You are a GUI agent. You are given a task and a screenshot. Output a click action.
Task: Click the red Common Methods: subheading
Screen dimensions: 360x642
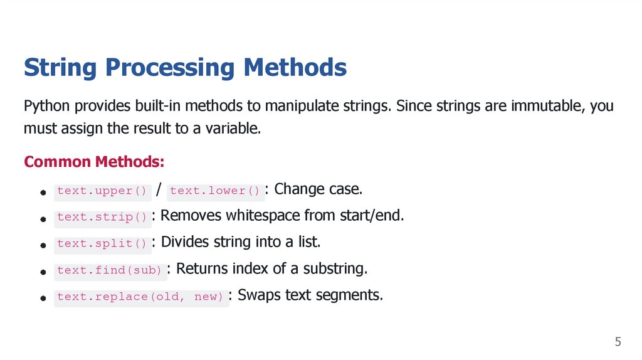click(x=94, y=162)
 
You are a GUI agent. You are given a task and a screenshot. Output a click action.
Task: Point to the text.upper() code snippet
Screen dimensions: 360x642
click(x=102, y=191)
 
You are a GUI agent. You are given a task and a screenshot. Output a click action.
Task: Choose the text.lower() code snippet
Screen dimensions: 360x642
click(x=215, y=191)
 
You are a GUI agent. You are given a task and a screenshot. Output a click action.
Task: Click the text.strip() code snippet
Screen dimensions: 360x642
click(x=102, y=217)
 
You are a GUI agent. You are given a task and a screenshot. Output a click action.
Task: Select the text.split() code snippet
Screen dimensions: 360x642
click(x=102, y=243)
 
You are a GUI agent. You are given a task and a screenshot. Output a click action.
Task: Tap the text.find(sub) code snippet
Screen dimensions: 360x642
click(x=110, y=270)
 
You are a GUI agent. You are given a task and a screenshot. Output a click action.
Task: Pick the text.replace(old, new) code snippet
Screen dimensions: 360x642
click(x=140, y=297)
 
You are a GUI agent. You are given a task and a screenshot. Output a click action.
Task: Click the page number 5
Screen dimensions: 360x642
click(x=618, y=342)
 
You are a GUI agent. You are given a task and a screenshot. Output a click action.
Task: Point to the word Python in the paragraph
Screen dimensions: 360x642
click(x=48, y=106)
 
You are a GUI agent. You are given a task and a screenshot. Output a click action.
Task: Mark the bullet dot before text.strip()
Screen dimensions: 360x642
click(x=43, y=220)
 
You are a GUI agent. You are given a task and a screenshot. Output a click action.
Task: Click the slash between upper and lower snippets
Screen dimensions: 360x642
click(x=160, y=190)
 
